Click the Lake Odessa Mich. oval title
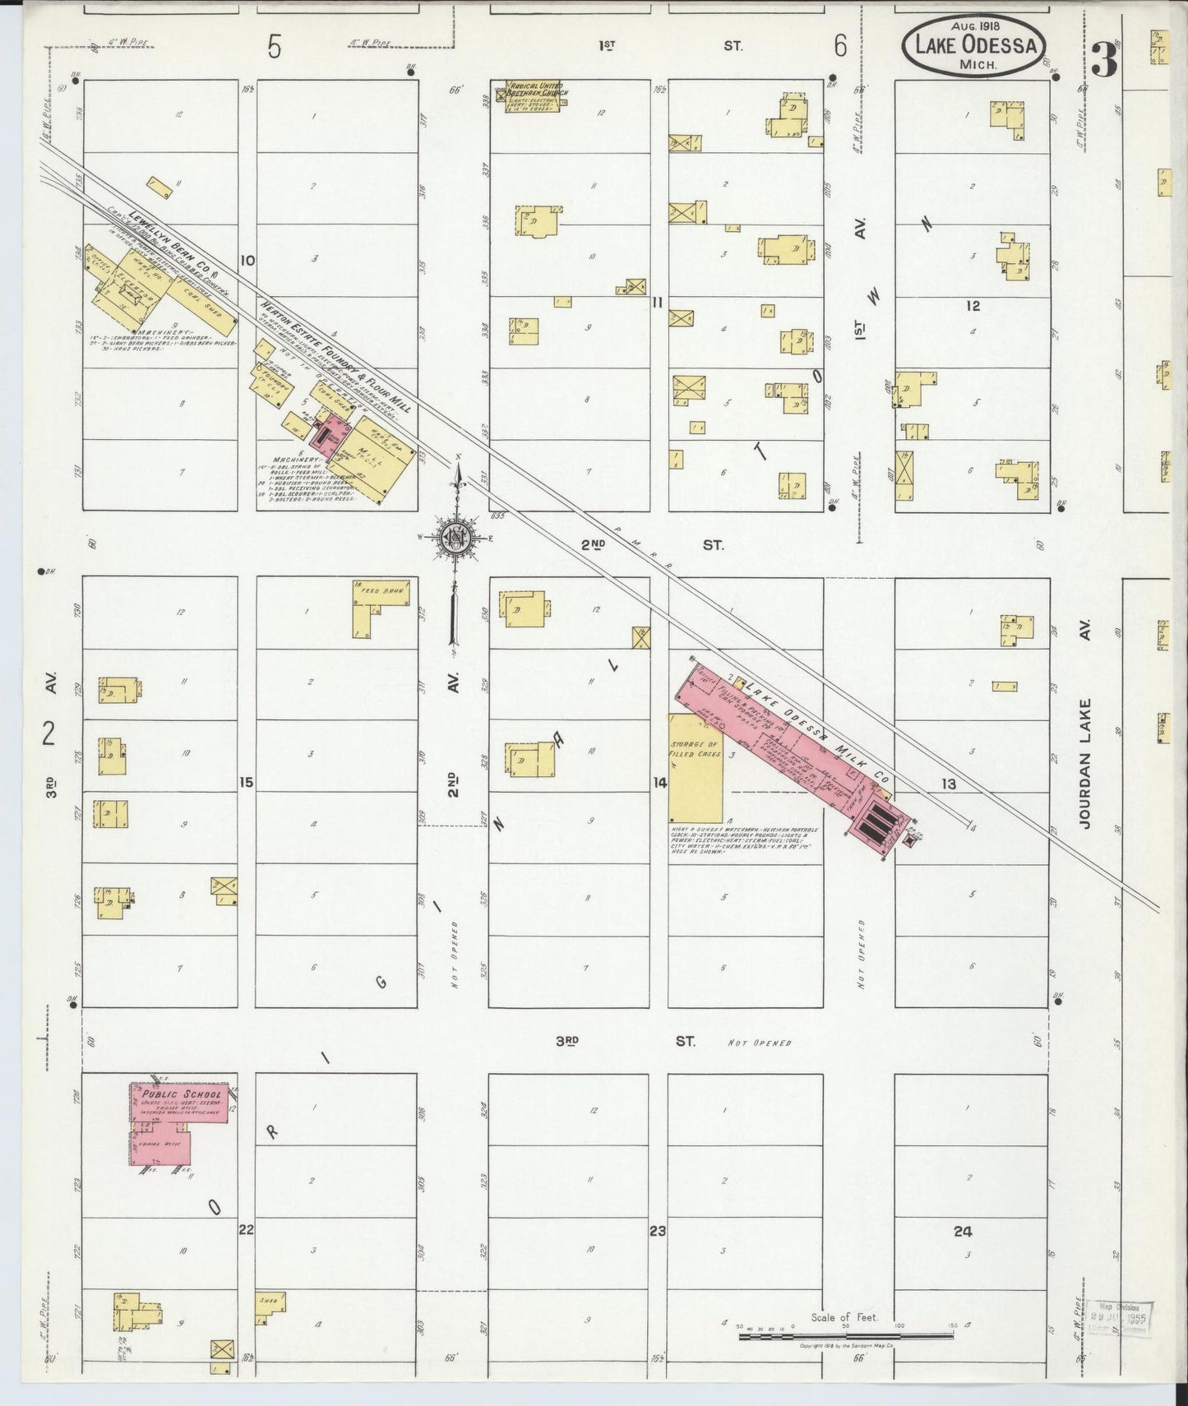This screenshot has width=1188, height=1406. (x=973, y=47)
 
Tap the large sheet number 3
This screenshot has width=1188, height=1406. (x=1104, y=59)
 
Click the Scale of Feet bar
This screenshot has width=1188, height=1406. (x=847, y=1337)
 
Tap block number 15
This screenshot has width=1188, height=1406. (x=246, y=782)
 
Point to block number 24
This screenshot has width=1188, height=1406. (x=963, y=1232)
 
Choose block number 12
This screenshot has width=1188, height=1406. (x=973, y=306)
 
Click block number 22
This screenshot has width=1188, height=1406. (x=245, y=1230)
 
